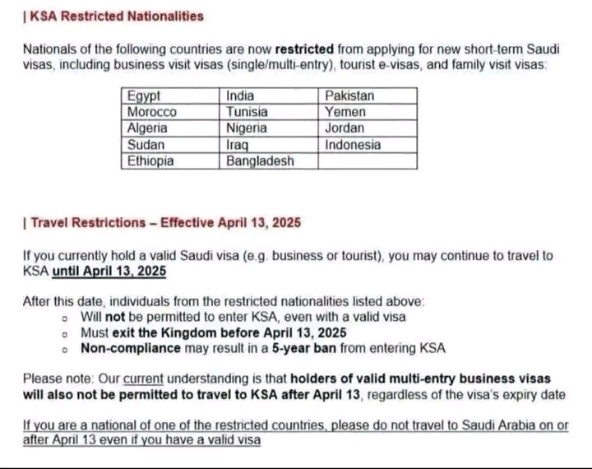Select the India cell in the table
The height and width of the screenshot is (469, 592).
point(271,95)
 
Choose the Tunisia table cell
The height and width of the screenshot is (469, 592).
point(271,112)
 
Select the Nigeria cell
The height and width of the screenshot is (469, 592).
point(271,128)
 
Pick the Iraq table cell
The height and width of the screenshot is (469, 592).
point(271,145)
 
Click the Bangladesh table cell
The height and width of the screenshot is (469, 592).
point(271,161)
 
